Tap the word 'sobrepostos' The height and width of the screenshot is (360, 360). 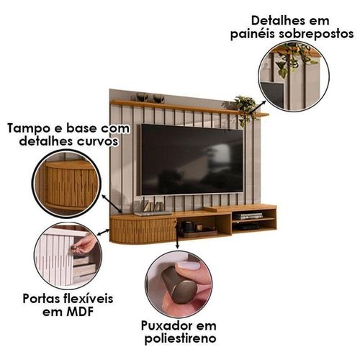(x=316, y=34)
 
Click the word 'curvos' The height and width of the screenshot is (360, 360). (x=98, y=141)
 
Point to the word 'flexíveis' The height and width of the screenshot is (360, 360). (x=88, y=299)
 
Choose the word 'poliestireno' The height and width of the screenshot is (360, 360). (x=181, y=339)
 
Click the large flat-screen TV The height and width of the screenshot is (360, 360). (x=191, y=160)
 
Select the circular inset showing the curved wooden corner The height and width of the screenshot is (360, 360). (x=67, y=184)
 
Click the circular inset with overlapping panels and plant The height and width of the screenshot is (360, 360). (x=294, y=76)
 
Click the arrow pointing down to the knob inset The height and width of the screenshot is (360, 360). (x=177, y=236)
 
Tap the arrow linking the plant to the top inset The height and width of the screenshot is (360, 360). (x=258, y=107)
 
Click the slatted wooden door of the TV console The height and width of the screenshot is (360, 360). (x=143, y=230)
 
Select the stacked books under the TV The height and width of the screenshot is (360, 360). (x=245, y=216)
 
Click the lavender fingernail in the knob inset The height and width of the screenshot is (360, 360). (x=190, y=266)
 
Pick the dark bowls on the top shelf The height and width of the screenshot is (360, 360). (x=148, y=98)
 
